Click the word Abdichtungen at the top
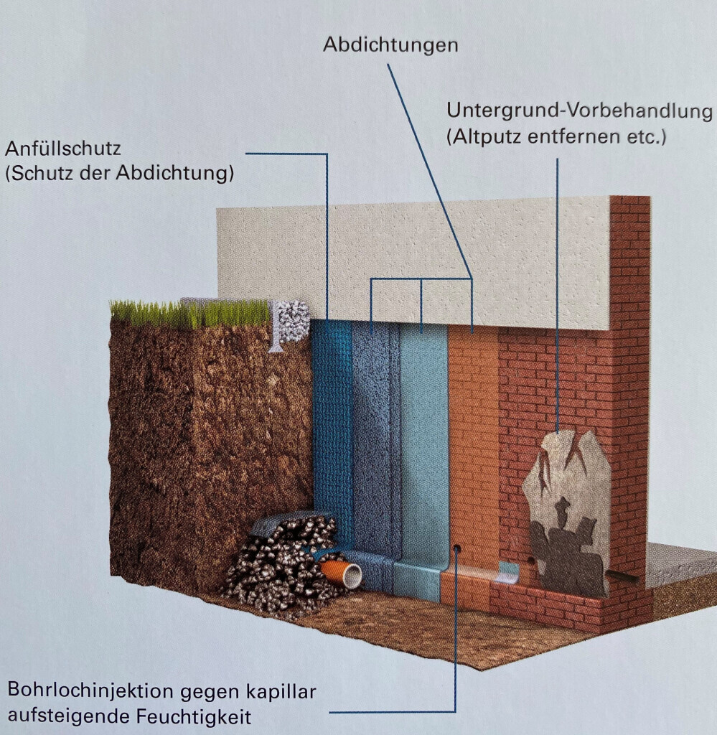pos(390,45)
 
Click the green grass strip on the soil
pos(190,313)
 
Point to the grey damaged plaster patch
pos(567,510)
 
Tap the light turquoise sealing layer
pos(423,445)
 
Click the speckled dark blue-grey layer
pos(375,445)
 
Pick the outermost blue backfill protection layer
pos(332,431)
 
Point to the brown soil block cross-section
pos(208,445)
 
